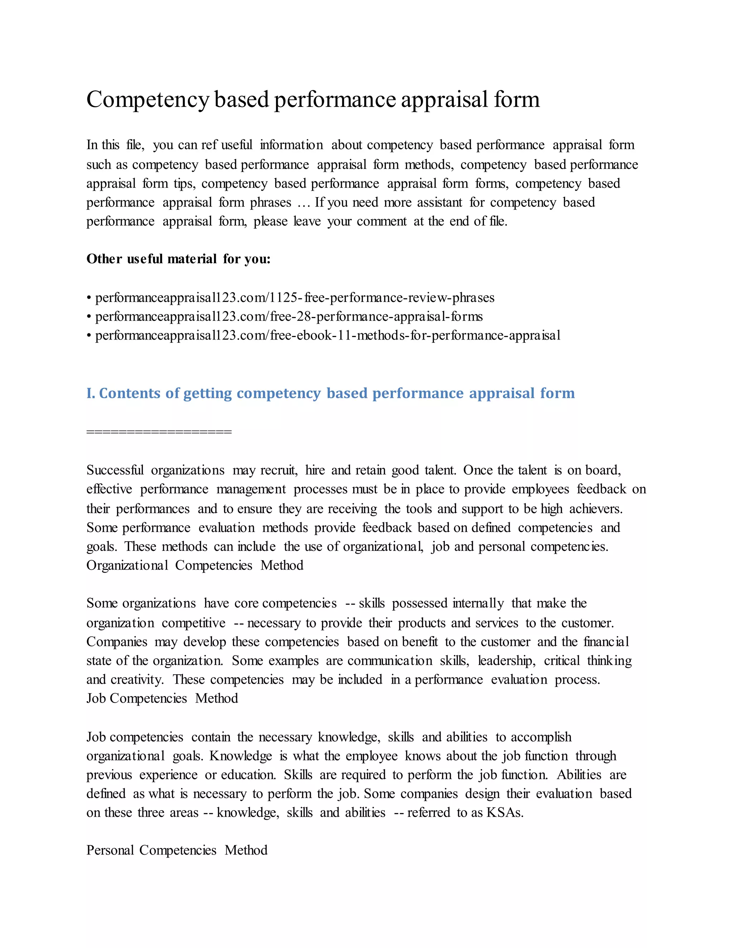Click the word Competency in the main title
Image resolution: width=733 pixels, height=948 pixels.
tap(148, 100)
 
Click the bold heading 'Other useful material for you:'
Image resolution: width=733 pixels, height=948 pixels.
tap(179, 259)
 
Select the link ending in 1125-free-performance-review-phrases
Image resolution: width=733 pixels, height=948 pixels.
tap(295, 298)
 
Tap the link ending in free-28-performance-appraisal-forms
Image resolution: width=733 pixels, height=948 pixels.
tap(289, 317)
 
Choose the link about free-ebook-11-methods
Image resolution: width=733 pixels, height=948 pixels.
tap(328, 336)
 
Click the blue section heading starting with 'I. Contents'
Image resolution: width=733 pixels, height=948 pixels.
tap(330, 393)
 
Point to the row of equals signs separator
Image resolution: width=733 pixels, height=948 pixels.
tap(159, 432)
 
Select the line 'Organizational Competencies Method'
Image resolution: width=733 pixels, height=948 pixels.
tap(195, 566)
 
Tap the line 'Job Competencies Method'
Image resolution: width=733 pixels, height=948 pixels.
tap(162, 698)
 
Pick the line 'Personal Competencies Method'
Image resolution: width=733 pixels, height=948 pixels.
tap(177, 850)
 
